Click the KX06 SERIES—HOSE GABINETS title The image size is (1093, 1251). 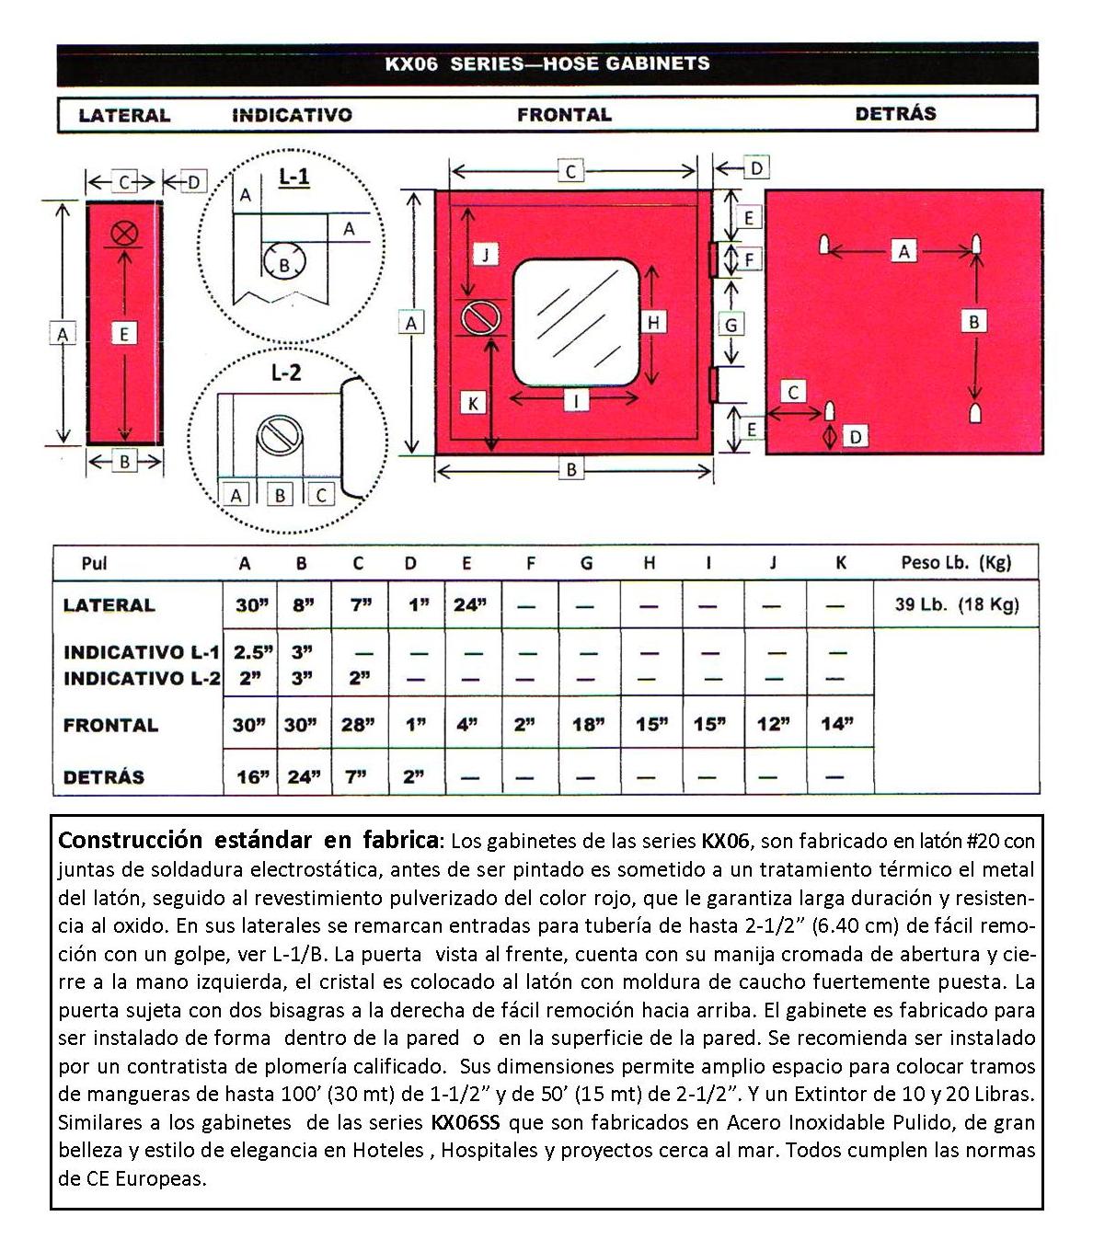pyautogui.click(x=546, y=63)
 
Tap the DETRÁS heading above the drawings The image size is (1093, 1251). pyautogui.click(x=895, y=114)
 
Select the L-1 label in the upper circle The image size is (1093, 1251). pyautogui.click(x=293, y=177)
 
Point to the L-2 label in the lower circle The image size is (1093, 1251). pyautogui.click(x=286, y=373)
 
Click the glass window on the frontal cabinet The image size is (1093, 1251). pyautogui.click(x=576, y=322)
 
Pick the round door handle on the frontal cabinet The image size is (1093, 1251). pyautogui.click(x=480, y=317)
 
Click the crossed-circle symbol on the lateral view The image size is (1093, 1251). pyautogui.click(x=124, y=233)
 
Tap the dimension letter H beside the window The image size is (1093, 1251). pyautogui.click(x=654, y=322)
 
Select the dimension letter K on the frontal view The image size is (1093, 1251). pyautogui.click(x=473, y=403)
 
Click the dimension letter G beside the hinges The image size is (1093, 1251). pyautogui.click(x=731, y=325)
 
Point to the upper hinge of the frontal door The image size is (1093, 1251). pyautogui.click(x=712, y=258)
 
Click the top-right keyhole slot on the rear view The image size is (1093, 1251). pyautogui.click(x=975, y=245)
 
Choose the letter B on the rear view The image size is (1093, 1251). pyautogui.click(x=973, y=321)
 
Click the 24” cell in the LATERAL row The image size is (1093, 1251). pyautogui.click(x=470, y=605)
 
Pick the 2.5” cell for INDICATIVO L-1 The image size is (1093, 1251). pyautogui.click(x=252, y=652)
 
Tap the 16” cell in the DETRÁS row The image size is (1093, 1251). pyautogui.click(x=251, y=776)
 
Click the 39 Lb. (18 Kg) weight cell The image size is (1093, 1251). pyautogui.click(x=956, y=605)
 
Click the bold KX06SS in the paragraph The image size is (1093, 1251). pyautogui.click(x=466, y=1123)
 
